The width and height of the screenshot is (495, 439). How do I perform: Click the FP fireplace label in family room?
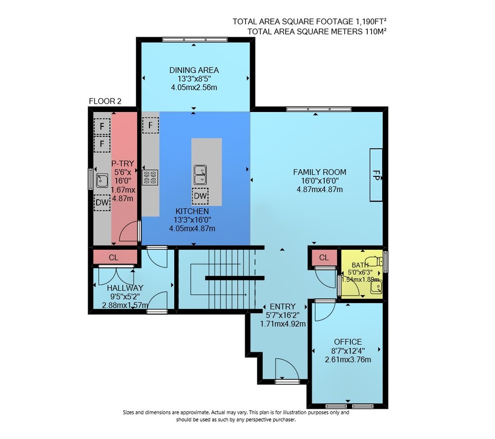click(x=376, y=175)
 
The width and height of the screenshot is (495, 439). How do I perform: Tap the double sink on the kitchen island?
click(x=200, y=175)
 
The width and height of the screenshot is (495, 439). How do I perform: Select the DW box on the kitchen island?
click(x=200, y=196)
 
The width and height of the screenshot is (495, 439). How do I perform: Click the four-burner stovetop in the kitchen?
click(x=150, y=177)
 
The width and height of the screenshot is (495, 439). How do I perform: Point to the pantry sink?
click(x=101, y=180)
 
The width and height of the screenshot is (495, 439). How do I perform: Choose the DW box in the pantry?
click(x=102, y=203)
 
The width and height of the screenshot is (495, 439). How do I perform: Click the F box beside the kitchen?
click(x=150, y=125)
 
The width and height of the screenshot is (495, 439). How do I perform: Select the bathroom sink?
click(x=376, y=287)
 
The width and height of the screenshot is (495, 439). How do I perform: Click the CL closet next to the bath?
click(x=324, y=258)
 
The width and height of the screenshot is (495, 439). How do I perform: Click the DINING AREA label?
click(x=194, y=70)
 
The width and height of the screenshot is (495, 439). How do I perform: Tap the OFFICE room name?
click(x=348, y=342)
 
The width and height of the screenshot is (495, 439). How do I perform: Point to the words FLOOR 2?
click(x=105, y=101)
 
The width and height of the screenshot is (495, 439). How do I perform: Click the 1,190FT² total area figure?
click(x=371, y=21)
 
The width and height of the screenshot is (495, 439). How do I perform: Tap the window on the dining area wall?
click(x=195, y=40)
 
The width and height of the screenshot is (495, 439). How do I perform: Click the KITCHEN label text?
click(x=192, y=211)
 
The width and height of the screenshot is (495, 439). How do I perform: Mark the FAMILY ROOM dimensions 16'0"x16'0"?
click(x=320, y=181)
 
